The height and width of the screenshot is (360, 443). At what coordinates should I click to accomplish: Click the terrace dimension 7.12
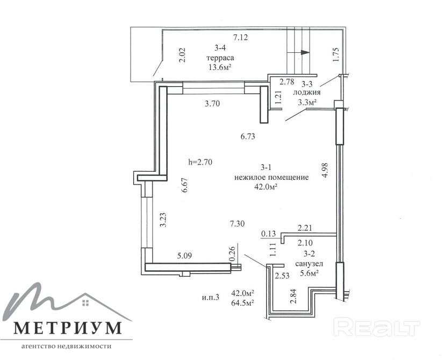pos(240,37)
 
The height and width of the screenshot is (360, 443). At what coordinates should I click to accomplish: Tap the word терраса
pos(220,58)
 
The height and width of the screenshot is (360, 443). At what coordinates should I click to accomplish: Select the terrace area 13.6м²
pos(220,68)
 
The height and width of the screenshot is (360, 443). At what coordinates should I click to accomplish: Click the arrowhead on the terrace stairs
pos(305,53)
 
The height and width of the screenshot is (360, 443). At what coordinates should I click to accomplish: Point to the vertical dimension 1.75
pos(335,54)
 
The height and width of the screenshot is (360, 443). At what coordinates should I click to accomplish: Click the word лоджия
pos(306,93)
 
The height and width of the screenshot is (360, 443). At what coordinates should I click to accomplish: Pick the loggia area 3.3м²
pos(306,102)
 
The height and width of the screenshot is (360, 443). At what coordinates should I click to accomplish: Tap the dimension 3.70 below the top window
pos(212,104)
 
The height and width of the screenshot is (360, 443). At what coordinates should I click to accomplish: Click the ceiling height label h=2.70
pos(200,162)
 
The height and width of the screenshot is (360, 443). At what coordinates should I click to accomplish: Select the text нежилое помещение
pos(271,178)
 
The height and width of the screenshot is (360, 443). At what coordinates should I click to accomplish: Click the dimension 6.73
pos(248,137)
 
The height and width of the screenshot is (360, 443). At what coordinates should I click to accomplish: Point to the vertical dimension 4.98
pos(325,170)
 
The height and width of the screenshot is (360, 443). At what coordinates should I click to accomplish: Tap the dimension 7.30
pos(237,224)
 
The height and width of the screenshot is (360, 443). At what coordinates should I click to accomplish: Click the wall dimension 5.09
pos(184,256)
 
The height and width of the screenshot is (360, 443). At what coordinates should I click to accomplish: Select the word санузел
pos(309,264)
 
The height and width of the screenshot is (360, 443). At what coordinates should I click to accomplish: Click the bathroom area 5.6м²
pos(309,273)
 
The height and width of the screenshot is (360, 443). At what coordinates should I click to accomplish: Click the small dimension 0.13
pos(268,234)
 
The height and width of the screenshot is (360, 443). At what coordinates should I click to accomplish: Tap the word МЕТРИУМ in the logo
pos(68,328)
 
